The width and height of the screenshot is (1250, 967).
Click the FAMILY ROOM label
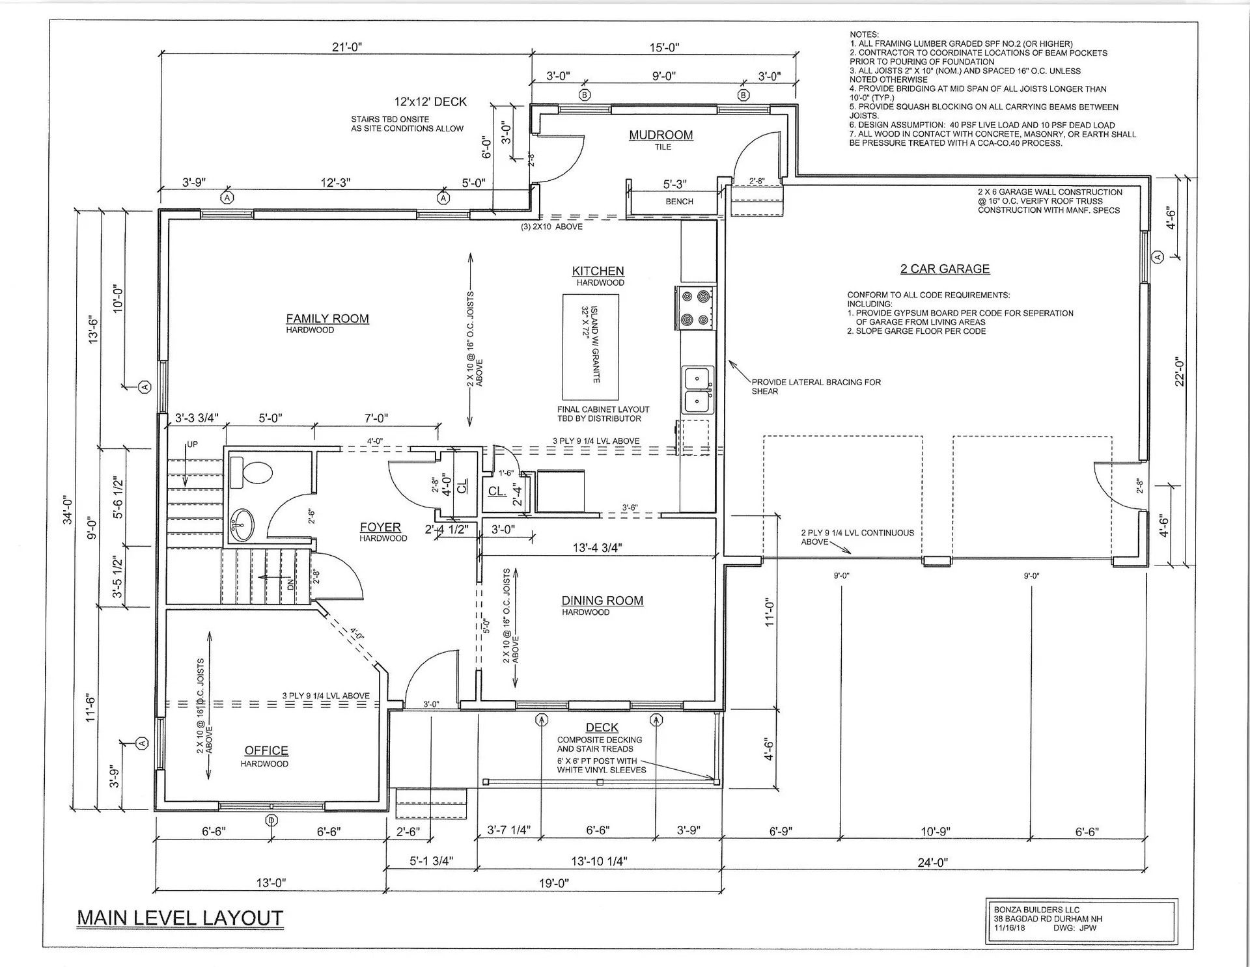pos(327,318)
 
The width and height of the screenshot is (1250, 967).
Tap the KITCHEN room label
pos(598,271)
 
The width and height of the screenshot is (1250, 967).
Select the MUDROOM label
pos(660,135)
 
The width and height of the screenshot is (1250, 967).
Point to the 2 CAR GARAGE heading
pos(945,269)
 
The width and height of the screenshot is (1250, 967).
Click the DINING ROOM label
pos(602,601)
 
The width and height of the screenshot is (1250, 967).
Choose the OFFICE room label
pos(266,750)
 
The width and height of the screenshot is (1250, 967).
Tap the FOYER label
pos(380,527)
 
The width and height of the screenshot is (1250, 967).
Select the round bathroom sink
pos(243,524)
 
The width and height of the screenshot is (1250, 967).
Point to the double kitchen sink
pos(697,389)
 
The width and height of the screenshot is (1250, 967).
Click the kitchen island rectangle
pos(590,347)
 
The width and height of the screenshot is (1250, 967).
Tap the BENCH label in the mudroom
pos(679,202)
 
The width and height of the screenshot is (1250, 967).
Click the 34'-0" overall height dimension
pos(68,510)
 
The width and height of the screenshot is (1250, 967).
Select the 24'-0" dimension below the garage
pos(933,862)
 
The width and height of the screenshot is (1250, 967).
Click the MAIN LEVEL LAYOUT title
pos(180,918)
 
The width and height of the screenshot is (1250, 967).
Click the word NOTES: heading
pos(864,34)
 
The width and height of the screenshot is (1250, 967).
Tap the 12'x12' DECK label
pos(430,102)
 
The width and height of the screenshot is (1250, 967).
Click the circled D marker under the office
pos(272,820)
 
